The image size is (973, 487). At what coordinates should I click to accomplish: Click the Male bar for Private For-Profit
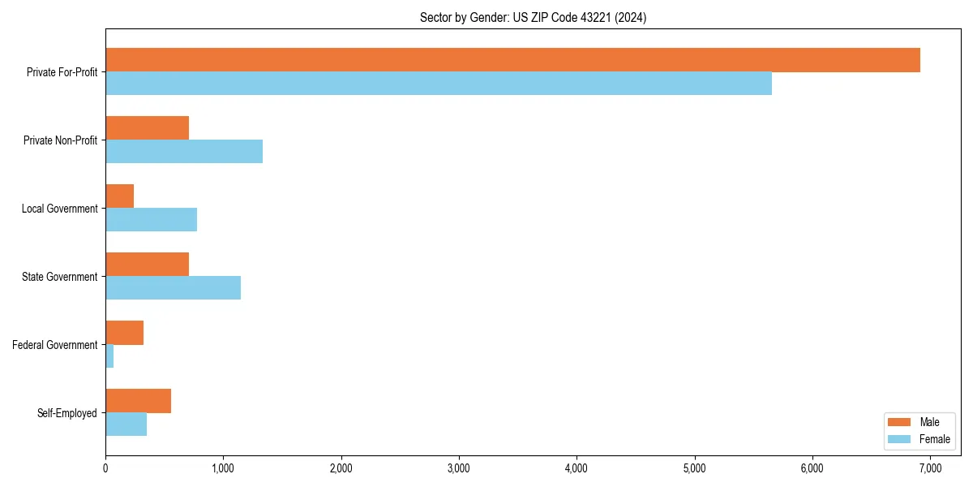pos(512,60)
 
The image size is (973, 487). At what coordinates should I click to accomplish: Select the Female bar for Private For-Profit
pos(439,84)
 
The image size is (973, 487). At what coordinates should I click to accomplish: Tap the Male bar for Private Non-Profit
pos(147,128)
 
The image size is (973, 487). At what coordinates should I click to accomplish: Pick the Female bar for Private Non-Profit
pos(184,152)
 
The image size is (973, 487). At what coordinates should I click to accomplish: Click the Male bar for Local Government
pos(119,196)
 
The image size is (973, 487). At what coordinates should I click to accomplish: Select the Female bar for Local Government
pos(151,220)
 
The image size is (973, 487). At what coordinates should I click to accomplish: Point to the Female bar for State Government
pos(173,288)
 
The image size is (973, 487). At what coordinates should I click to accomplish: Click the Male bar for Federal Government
pos(124,333)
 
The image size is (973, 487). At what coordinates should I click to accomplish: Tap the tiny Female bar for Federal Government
pos(109,356)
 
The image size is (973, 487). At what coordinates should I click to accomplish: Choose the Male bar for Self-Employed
pos(138,401)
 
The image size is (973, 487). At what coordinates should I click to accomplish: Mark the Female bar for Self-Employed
pos(126,425)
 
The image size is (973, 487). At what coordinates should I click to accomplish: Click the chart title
pos(533,17)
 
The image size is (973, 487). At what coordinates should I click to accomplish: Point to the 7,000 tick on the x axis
pos(930,468)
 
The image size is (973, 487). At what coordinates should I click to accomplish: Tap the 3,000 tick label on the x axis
pos(459,468)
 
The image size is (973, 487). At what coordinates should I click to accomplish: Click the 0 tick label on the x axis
pos(105,468)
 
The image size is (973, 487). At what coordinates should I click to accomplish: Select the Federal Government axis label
pos(55,345)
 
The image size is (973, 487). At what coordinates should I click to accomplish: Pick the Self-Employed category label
pos(67,413)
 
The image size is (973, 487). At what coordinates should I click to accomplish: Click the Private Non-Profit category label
pos(60,140)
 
